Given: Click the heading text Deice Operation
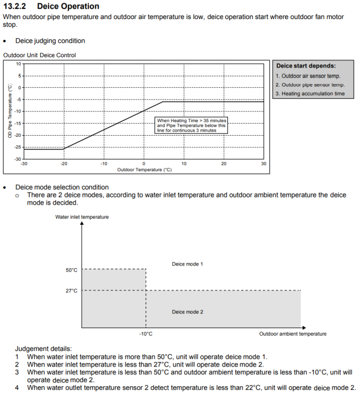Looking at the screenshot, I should point(68,6).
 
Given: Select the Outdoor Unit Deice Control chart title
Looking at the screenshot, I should point(40,55).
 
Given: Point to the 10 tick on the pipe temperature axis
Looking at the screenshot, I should point(18,64).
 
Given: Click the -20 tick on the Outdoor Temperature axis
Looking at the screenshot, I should point(63,164).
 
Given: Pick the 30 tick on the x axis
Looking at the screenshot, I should point(264,164).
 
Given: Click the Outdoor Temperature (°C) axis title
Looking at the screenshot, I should point(144,170).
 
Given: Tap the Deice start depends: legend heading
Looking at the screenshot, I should point(306,66).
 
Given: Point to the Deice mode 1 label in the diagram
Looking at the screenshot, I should point(187,264).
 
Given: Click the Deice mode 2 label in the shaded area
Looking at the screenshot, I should point(187,312).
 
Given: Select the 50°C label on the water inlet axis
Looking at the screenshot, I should point(71,270).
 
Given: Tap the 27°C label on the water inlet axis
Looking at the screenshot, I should point(71,291).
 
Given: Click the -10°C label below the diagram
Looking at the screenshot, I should point(145,334).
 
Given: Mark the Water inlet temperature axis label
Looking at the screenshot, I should point(82,217).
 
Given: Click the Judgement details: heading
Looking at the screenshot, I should point(44,349).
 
